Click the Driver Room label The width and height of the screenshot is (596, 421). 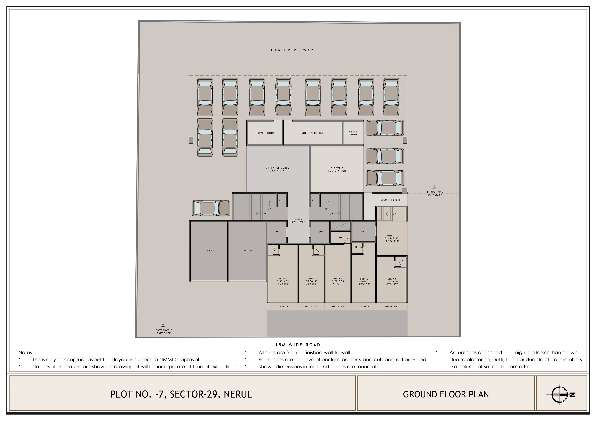tap(265, 133)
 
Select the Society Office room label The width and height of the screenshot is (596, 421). tap(313, 133)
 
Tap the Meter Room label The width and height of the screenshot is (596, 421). tap(353, 133)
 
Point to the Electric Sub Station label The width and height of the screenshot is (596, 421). tap(337, 170)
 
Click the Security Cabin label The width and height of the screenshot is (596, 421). tap(390, 200)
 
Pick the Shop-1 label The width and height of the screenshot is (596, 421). tap(392, 281)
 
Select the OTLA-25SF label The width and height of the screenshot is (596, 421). tap(364, 306)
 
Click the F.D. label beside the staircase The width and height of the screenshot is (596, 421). tap(281, 200)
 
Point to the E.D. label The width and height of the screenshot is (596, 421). tap(314, 200)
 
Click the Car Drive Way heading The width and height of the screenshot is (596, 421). tap(292, 50)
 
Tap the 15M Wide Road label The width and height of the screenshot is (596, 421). tap(298, 345)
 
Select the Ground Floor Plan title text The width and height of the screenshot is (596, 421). tap(446, 394)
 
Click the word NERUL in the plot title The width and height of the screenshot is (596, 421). tap(238, 394)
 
